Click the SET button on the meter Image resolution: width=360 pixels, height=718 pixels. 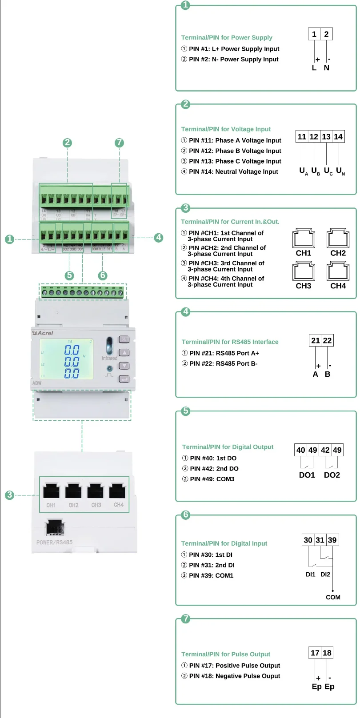(x=124, y=339)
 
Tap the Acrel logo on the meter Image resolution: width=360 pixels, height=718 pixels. (x=43, y=333)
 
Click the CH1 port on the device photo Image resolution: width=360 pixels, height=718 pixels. (x=51, y=491)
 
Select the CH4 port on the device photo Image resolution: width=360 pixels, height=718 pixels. (x=118, y=491)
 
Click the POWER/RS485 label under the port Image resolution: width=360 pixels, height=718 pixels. (x=54, y=542)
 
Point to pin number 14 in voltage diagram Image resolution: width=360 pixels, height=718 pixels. (x=338, y=136)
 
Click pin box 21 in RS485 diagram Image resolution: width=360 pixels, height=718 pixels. (x=316, y=340)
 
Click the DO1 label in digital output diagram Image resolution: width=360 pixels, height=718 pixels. (x=307, y=475)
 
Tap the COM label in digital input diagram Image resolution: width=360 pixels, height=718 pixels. (x=333, y=597)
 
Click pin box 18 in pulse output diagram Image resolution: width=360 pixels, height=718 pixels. (x=327, y=653)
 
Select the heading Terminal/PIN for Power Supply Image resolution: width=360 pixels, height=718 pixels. (x=227, y=38)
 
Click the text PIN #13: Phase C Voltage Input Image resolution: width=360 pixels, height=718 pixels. (x=235, y=161)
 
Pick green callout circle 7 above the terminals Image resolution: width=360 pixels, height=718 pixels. (x=119, y=143)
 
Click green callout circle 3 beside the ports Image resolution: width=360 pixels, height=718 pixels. (x=9, y=495)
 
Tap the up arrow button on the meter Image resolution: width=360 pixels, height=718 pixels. (x=124, y=353)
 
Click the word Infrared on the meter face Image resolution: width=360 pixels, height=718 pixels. (x=109, y=358)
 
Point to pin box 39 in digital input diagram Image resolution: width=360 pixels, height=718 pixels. (x=332, y=540)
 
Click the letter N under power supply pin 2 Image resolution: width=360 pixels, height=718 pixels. (x=327, y=68)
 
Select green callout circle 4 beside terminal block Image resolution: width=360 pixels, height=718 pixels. (x=159, y=237)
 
